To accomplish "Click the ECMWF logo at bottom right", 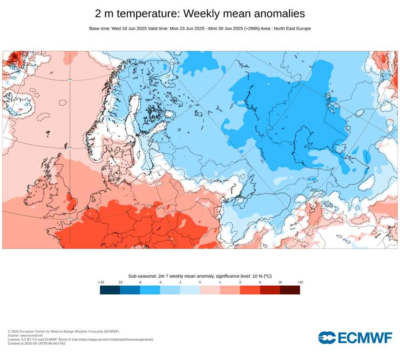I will [x=355, y=337].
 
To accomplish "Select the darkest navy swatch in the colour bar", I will [x=110, y=290].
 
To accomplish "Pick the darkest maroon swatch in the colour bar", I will [x=290, y=290].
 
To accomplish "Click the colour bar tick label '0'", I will [x=200, y=282].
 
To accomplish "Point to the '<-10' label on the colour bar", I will [x=101, y=282].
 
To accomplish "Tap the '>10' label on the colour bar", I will [x=300, y=282].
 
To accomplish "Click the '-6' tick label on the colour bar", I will [x=140, y=282].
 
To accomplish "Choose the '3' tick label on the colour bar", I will [x=240, y=282].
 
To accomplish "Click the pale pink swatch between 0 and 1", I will [x=210, y=290].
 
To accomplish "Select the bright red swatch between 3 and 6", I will [x=250, y=290].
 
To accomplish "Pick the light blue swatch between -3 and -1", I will [x=170, y=290].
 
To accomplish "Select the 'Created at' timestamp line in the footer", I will [x=37, y=343].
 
